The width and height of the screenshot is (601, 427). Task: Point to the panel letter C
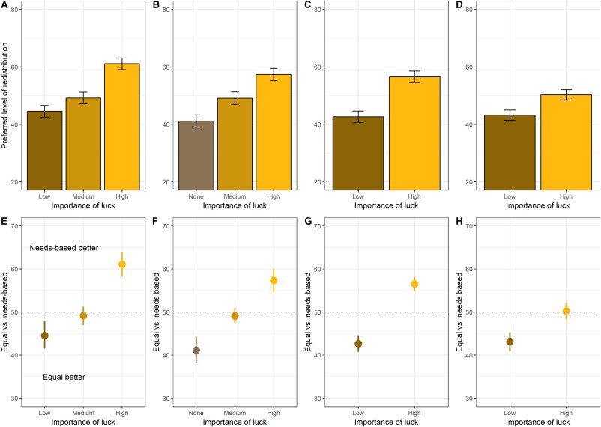(x=306, y=6)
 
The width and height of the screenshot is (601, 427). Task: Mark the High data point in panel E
(x=122, y=264)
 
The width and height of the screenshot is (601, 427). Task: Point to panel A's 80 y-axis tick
(x=15, y=10)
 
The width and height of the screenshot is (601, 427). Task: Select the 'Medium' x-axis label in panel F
(x=235, y=413)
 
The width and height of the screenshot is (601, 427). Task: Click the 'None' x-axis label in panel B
(x=196, y=197)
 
